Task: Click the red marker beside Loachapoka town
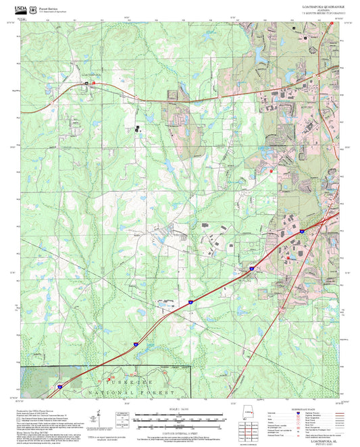(94, 82)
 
